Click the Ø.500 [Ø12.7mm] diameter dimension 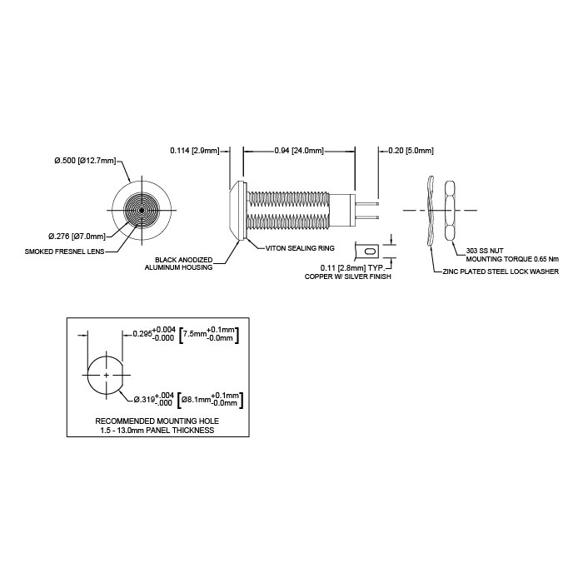point(85,161)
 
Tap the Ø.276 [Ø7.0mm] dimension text point(77,236)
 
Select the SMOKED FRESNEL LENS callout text point(64,252)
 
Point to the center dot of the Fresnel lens point(142,211)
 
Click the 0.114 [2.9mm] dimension point(195,151)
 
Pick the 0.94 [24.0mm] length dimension point(299,151)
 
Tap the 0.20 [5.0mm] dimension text point(411,151)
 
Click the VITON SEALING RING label point(300,248)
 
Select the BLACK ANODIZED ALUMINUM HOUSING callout point(178,264)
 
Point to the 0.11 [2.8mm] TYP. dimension point(351,267)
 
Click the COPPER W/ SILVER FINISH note point(347,277)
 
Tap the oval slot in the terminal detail point(371,252)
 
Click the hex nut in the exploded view point(449,211)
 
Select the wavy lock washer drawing point(431,211)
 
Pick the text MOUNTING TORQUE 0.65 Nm point(512,259)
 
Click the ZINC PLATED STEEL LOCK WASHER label point(501,272)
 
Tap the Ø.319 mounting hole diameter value point(153,399)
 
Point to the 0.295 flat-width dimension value point(154,334)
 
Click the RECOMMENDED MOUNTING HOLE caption point(157,421)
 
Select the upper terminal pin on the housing point(367,203)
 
